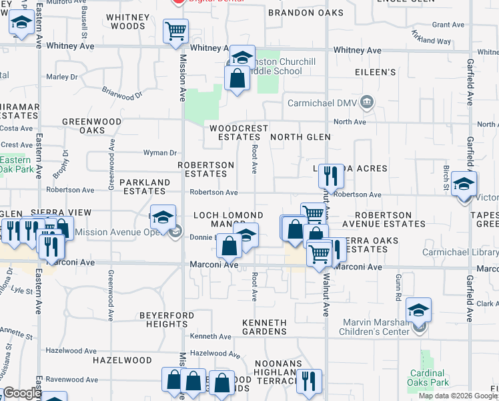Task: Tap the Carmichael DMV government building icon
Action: click(366, 102)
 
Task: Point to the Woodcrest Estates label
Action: click(238, 132)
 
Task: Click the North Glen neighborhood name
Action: click(300, 137)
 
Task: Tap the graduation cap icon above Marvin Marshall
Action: click(418, 309)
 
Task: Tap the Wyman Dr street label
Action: click(160, 153)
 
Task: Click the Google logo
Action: click(21, 394)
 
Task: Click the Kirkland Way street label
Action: click(431, 37)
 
